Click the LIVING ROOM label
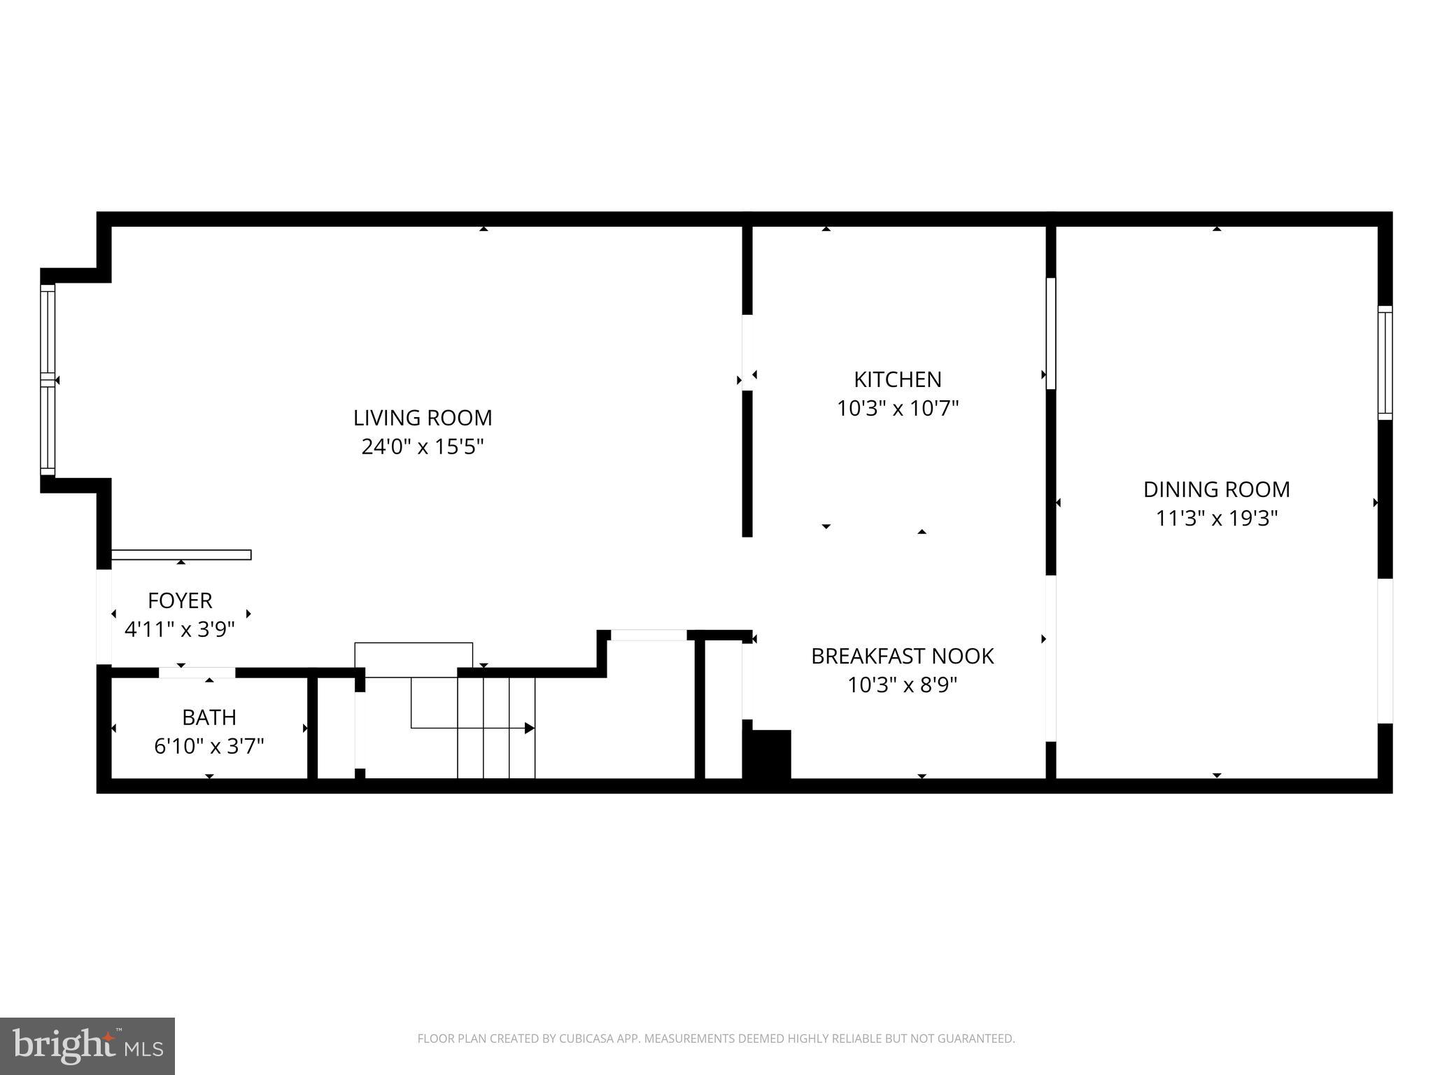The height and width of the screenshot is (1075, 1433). coord(423,418)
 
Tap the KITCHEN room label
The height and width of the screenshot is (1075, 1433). coord(897,379)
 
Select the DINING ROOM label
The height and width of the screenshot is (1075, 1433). coord(1216,489)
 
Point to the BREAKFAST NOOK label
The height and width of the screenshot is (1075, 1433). coord(902,656)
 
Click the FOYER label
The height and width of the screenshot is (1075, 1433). coord(180,600)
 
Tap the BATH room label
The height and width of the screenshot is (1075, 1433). coord(209,717)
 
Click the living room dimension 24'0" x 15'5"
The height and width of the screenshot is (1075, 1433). coord(423,447)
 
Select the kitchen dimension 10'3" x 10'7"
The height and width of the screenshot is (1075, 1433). coord(897,408)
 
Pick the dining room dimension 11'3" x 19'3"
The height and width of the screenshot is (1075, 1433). coord(1216,519)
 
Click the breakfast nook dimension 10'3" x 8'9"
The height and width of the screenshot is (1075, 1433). coord(902,684)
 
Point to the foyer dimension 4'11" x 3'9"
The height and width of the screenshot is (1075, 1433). coord(180,629)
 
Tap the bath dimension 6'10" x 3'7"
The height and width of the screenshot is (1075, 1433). coord(209,747)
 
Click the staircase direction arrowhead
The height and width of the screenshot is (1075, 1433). coord(530,728)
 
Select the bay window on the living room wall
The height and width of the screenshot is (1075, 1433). coord(48,379)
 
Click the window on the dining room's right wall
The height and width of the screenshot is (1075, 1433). coord(1385,363)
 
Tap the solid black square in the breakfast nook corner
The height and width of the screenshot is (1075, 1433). coord(770,754)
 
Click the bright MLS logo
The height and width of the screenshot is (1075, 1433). coord(87,1046)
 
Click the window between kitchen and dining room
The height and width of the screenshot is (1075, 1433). coord(1050,333)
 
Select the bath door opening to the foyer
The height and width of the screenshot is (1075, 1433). coord(197,673)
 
